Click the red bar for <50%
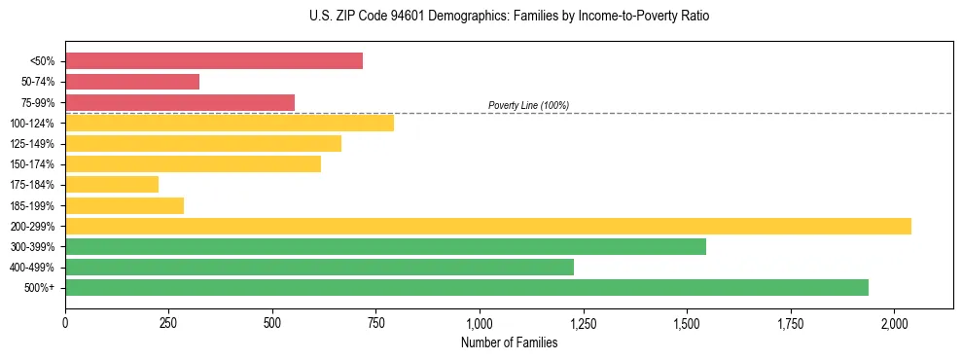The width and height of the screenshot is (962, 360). (214, 61)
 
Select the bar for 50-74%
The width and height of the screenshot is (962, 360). (132, 82)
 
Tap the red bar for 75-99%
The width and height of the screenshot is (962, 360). (180, 102)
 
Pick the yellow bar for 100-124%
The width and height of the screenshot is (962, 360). (230, 123)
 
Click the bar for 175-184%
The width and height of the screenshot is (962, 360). (112, 185)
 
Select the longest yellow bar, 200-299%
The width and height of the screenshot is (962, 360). (488, 226)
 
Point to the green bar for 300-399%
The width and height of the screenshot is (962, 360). (385, 247)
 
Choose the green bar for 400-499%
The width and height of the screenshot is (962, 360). (319, 268)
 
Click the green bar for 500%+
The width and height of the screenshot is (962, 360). (467, 288)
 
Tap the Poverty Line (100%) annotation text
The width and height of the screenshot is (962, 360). (528, 105)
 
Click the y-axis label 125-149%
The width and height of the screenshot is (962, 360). (32, 144)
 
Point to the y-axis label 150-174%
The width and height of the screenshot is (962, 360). (32, 164)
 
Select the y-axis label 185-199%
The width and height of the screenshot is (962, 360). (32, 206)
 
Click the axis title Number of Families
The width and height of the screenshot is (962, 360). (509, 342)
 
